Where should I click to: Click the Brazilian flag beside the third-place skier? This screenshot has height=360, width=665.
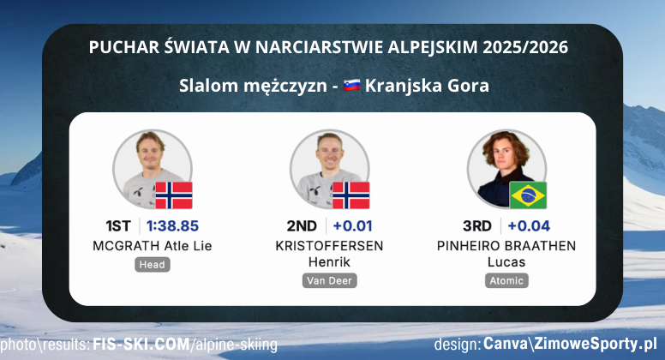pos(528,195)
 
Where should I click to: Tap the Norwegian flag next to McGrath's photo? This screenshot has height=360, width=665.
pos(173,195)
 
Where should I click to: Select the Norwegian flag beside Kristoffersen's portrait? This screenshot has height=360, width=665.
pos(350,195)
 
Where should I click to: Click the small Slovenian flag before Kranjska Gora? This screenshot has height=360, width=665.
pos(350,86)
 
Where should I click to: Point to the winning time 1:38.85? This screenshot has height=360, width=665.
pos(172,226)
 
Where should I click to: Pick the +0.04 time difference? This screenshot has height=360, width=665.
pos(528,226)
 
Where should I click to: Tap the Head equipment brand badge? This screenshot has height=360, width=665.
pos(152,265)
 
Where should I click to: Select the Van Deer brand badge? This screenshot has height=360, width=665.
pos(330,280)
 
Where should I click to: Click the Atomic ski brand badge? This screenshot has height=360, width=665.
pos(507,280)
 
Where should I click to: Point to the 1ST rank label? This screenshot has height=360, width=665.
pos(118,226)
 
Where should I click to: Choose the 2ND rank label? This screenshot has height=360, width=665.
pos(302,226)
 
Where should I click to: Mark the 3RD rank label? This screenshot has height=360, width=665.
pos(476,226)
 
